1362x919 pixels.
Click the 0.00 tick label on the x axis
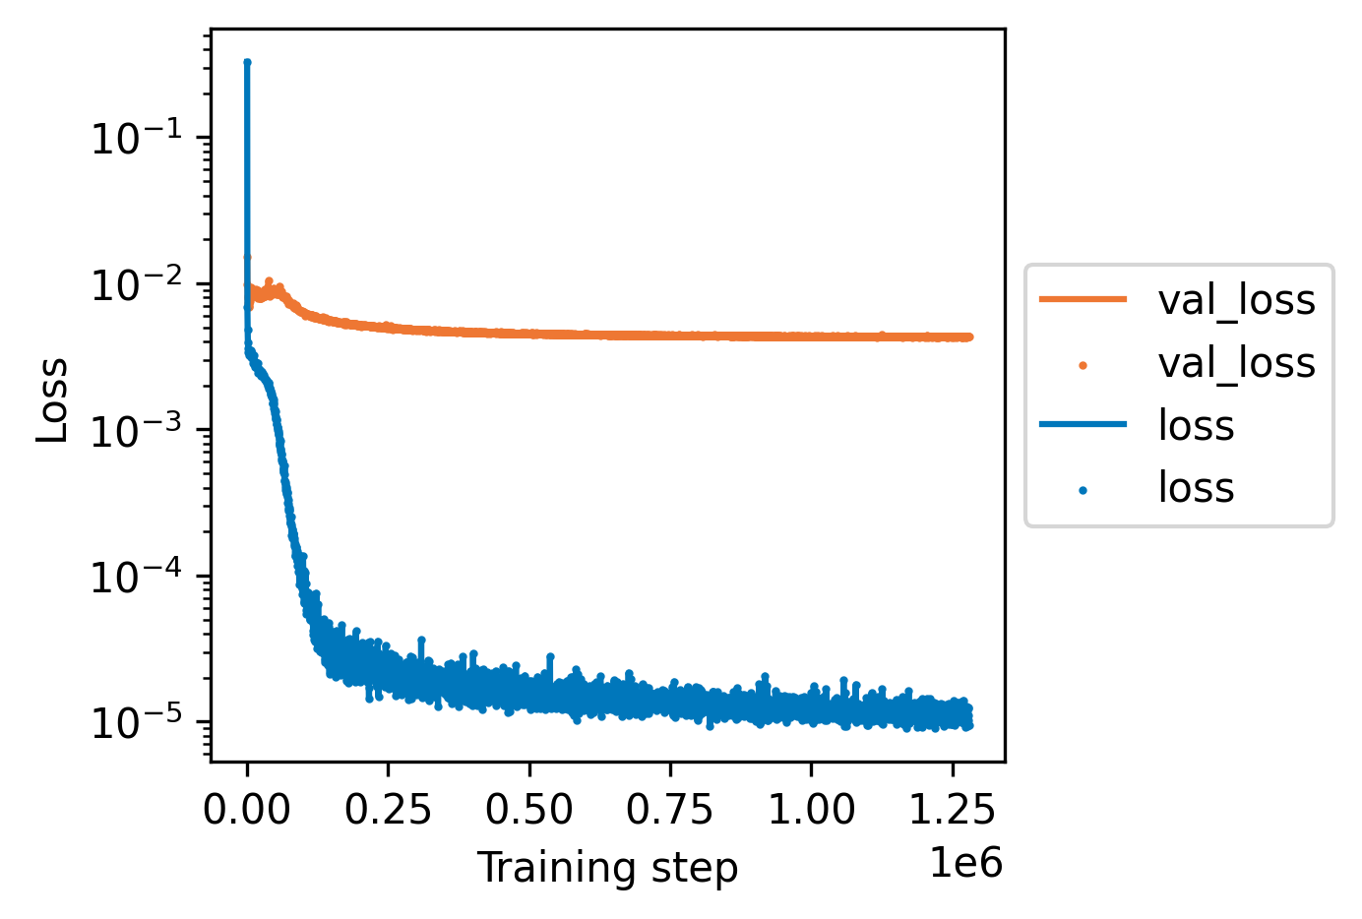[x=248, y=810]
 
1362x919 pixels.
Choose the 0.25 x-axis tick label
[x=389, y=810]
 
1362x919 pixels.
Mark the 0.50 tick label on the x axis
[x=529, y=810]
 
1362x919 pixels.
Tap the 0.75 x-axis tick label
[x=671, y=810]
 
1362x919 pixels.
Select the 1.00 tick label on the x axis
[x=812, y=810]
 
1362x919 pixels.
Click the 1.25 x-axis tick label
[x=953, y=810]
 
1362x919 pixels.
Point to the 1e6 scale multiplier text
[x=965, y=863]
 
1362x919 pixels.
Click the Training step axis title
[x=607, y=869]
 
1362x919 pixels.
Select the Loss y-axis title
[x=53, y=400]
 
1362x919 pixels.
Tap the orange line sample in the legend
[x=1083, y=300]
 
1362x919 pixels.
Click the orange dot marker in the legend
[x=1083, y=364]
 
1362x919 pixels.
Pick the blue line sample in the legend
[x=1083, y=425]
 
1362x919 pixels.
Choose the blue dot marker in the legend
[x=1083, y=489]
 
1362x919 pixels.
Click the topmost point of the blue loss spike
[x=247, y=62]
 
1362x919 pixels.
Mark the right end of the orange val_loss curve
[x=969, y=337]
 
